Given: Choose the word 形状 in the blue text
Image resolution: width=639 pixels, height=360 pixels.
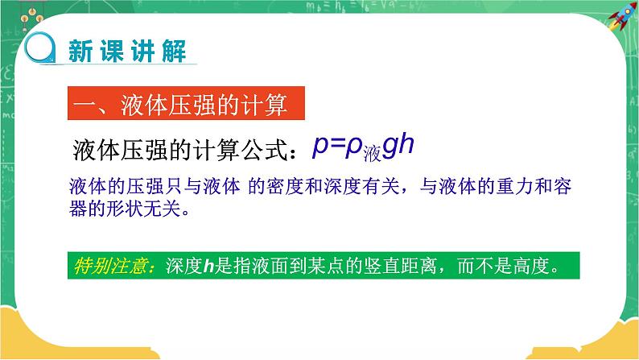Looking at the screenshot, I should point(133,210).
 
